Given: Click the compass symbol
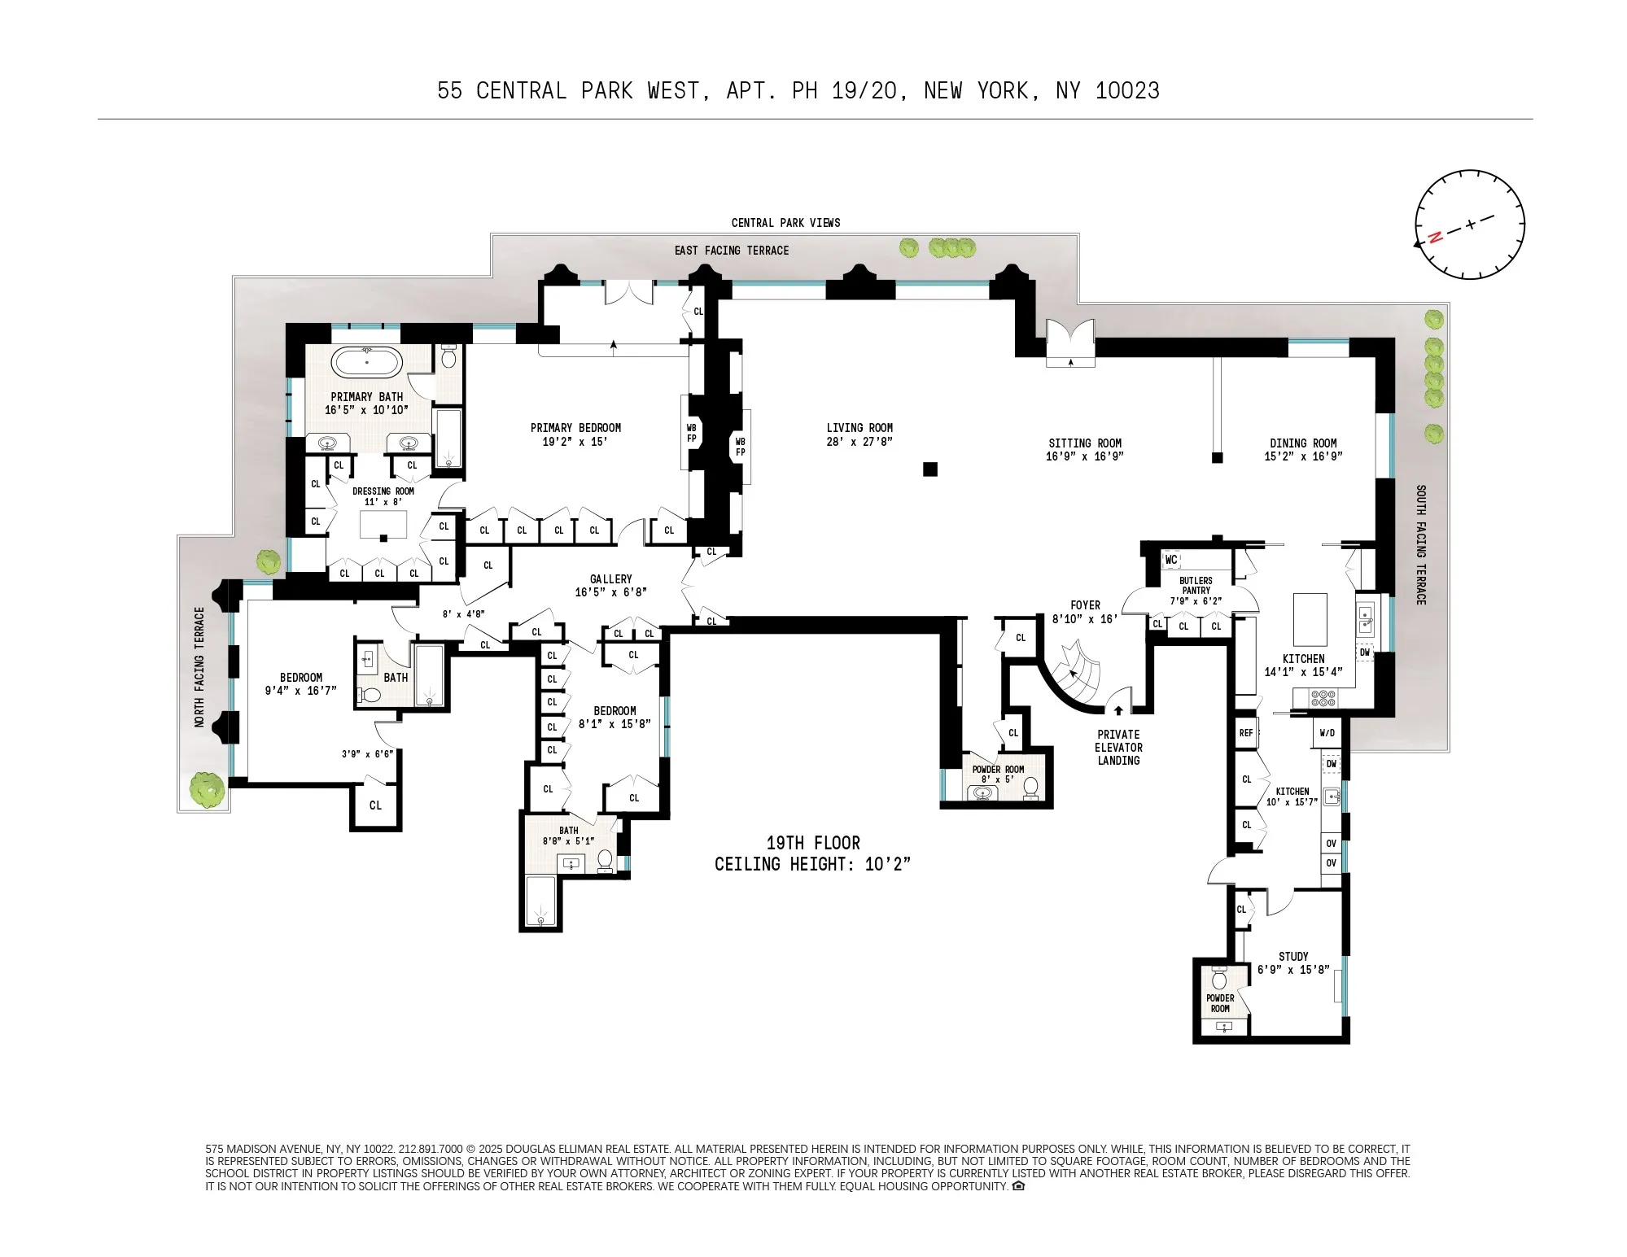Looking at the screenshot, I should (x=1469, y=225).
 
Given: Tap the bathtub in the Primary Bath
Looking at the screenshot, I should (x=367, y=362).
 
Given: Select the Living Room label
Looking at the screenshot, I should (x=859, y=428).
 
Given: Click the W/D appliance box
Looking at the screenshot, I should (x=1327, y=732).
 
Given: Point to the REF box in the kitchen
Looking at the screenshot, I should (x=1246, y=732).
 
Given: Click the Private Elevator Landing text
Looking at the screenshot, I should (x=1118, y=747).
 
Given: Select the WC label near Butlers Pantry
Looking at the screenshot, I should (x=1170, y=560).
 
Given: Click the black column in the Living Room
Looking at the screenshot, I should (x=930, y=469).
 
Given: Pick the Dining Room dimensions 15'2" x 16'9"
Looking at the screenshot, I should (x=1303, y=456).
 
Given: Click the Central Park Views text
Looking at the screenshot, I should (x=785, y=222).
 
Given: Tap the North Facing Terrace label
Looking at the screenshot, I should (x=199, y=666).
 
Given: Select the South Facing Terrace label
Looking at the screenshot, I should (x=1421, y=544).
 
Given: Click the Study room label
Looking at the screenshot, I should (x=1293, y=956).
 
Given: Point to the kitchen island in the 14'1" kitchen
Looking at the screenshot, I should (x=1310, y=619).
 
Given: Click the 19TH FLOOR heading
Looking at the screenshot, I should (x=812, y=843).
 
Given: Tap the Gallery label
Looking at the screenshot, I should (x=610, y=578).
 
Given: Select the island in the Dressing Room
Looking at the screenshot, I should (x=383, y=526).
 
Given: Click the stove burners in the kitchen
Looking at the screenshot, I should (x=1323, y=697).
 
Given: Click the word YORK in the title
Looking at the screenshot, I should (x=1008, y=90).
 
